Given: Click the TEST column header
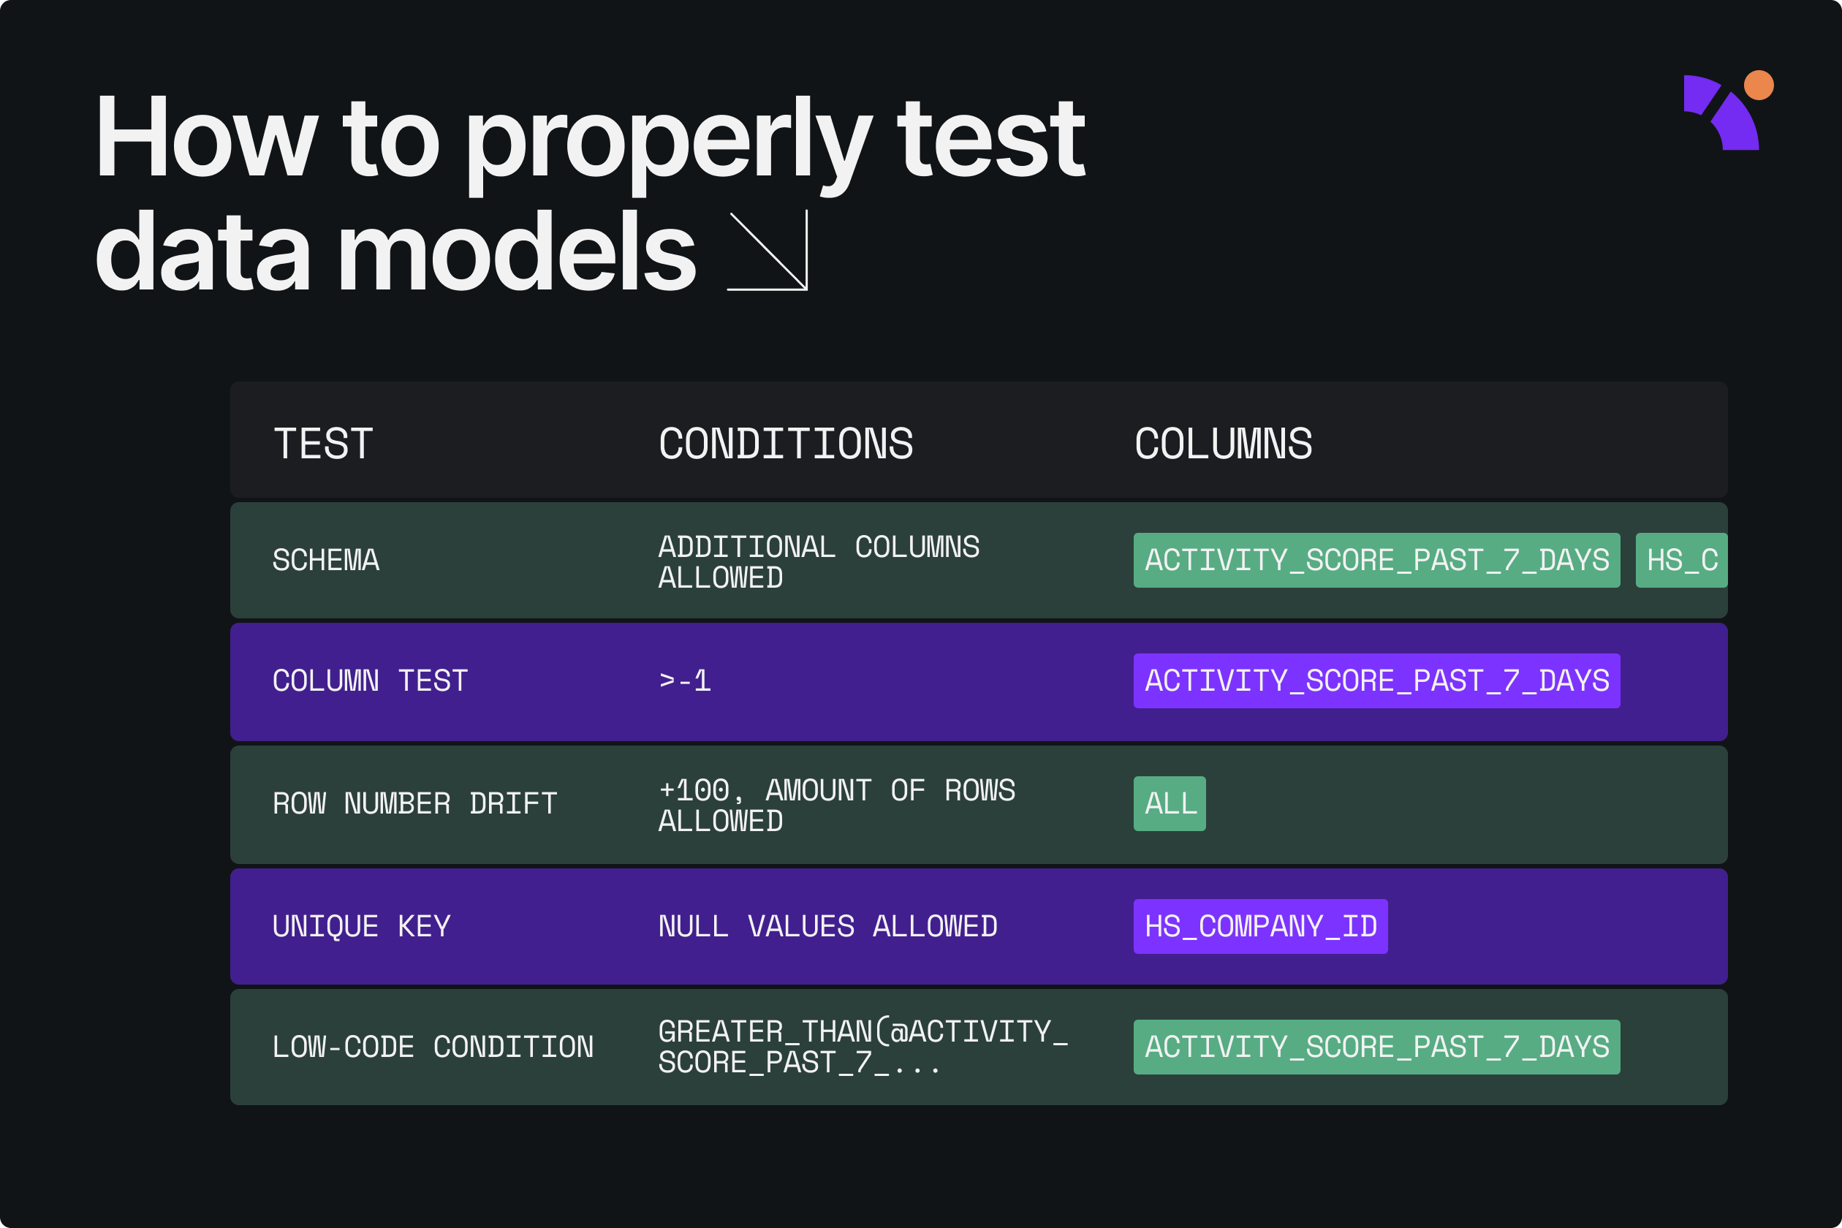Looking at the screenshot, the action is pos(322,444).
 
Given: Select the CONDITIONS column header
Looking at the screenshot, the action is pos(786,444).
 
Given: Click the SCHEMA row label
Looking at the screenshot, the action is pos(326,560).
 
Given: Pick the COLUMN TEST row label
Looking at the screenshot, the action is pos(370,681).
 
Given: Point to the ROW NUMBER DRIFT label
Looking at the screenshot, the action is pos(414,803).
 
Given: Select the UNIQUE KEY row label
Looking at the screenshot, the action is pos(361,927).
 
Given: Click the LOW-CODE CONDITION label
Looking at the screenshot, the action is pos(432,1047).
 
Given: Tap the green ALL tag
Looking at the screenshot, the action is pos(1170,803).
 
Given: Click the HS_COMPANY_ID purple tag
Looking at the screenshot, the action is pos(1260,927).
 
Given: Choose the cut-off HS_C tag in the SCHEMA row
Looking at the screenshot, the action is pos(1680,560).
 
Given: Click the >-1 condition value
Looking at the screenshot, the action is pos(684,681).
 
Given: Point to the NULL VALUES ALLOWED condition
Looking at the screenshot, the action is pos(827,927).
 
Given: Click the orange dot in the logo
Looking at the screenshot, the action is pos(1758,86).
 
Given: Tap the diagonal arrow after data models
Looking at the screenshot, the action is pos(767,251).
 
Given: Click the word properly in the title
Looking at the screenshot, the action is pos(669,143).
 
